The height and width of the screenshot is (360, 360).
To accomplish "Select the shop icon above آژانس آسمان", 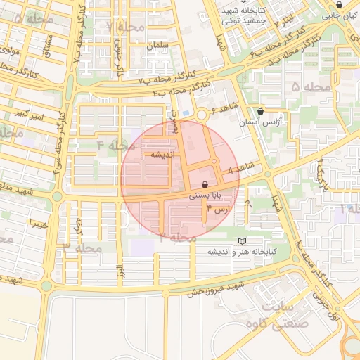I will [x=261, y=110].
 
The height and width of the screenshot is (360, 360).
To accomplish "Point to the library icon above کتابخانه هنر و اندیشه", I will [x=243, y=240].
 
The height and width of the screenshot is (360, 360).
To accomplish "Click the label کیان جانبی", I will [x=341, y=13].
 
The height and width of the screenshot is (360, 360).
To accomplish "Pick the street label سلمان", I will [x=159, y=45].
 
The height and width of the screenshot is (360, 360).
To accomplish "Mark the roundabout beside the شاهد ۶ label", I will [x=203, y=114].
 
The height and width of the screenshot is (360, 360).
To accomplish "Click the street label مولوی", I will [x=11, y=51].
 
